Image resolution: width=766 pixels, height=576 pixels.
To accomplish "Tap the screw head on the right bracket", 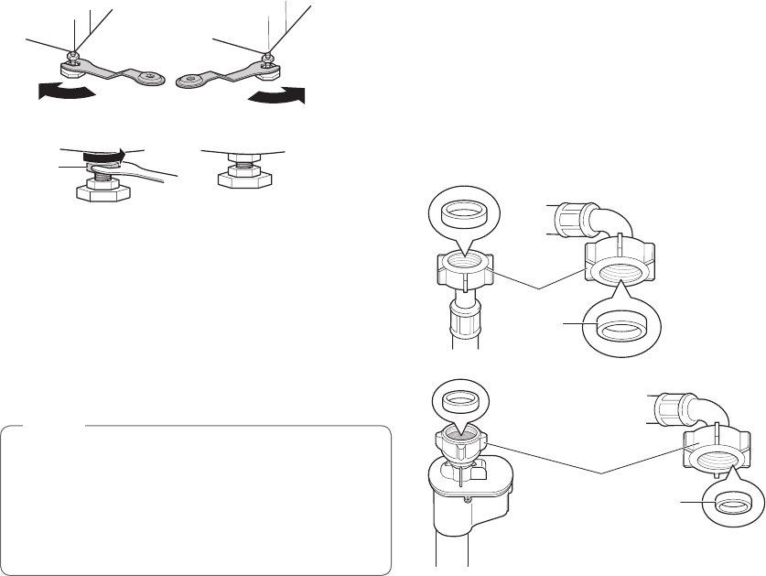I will tap(266, 59).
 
